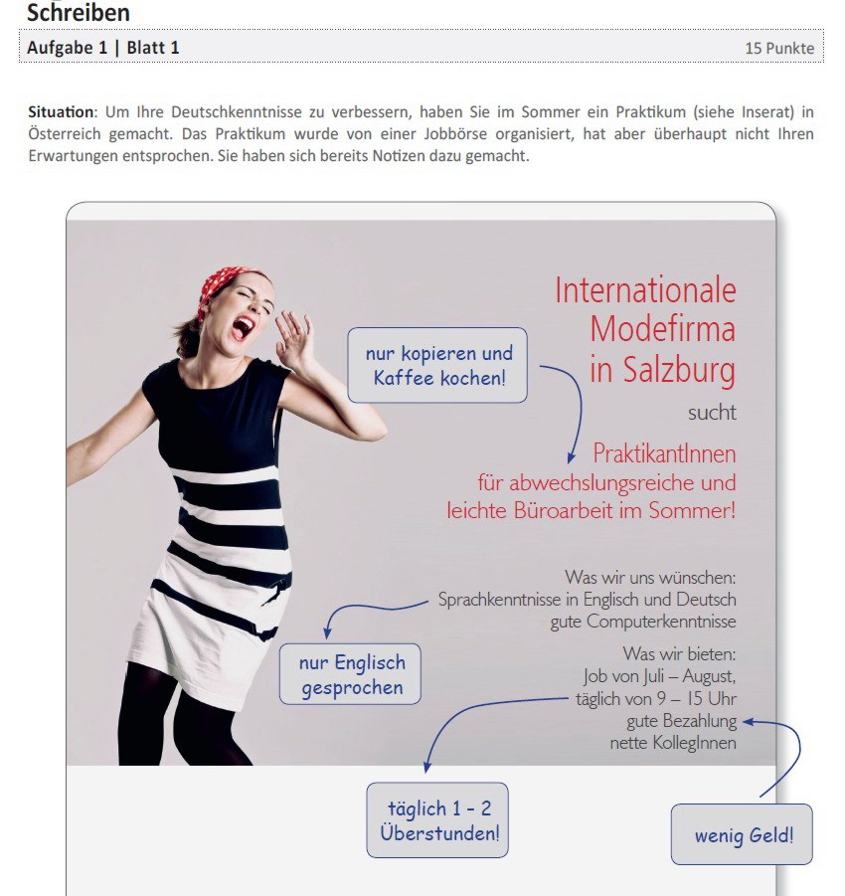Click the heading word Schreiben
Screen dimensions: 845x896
coord(79,13)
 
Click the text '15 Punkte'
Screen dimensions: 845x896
coord(779,48)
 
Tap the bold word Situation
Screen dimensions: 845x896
coord(61,111)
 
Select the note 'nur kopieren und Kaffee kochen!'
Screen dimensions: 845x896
coord(437,365)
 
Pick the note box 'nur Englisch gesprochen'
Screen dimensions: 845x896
coord(350,674)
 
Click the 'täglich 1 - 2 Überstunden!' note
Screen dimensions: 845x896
coord(437,820)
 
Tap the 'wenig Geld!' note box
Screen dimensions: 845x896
coord(742,834)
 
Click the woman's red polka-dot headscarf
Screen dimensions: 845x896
coord(222,284)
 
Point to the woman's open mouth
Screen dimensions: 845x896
coord(243,327)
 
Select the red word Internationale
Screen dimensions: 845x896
coord(645,290)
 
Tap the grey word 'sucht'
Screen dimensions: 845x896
coord(712,413)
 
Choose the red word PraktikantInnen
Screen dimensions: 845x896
coord(664,453)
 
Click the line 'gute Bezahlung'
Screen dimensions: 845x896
coord(682,721)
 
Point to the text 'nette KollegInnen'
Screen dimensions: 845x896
coord(673,743)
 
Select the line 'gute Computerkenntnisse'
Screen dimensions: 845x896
coord(643,622)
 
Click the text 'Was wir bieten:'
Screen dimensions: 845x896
coord(679,653)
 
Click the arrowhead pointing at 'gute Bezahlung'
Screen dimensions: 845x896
coord(748,722)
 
